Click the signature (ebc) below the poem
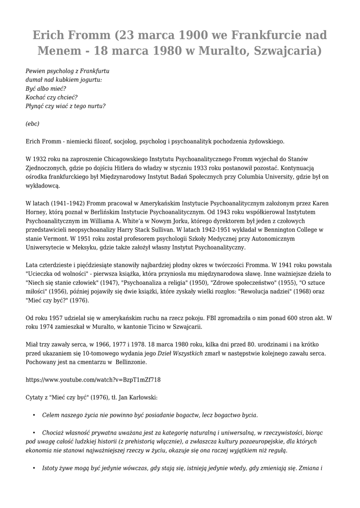click(x=32, y=124)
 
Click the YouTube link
click(x=93, y=380)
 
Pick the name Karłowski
click(x=141, y=397)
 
